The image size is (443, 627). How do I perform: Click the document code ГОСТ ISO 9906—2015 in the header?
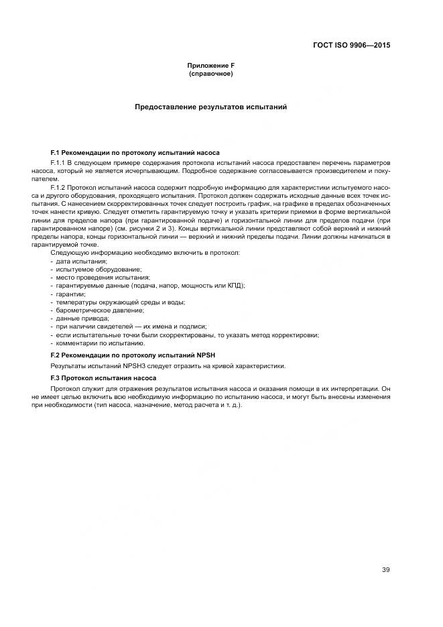click(x=351, y=46)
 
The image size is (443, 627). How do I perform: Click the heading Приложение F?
click(x=211, y=66)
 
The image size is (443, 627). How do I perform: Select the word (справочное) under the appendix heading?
click(x=211, y=73)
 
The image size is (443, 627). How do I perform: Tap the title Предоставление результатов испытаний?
click(x=211, y=107)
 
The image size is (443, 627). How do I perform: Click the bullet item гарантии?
click(x=70, y=294)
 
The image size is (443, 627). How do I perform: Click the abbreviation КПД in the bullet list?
click(x=234, y=285)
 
